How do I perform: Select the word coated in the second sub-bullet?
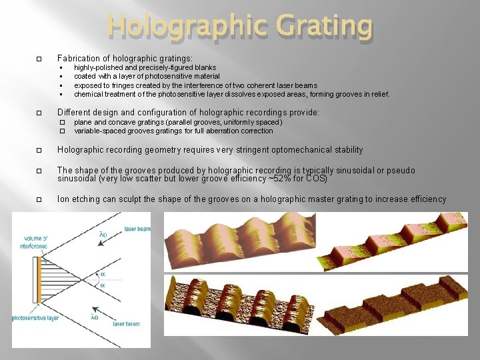85,77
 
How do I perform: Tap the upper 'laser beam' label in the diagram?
137,229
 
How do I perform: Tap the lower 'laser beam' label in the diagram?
127,324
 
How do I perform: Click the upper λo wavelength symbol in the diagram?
103,234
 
